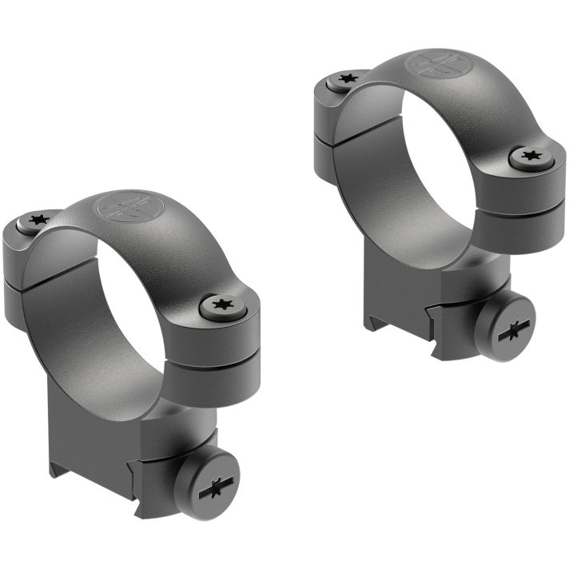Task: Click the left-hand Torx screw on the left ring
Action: [x=37, y=220]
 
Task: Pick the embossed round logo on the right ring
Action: [x=436, y=64]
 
